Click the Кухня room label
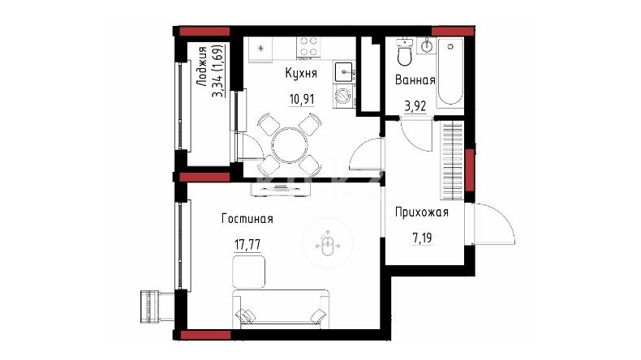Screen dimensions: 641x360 point(301,74)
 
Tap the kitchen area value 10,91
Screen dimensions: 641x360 point(302,99)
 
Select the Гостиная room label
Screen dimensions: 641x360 point(247,219)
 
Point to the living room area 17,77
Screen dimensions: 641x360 point(247,245)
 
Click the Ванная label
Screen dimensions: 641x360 point(415,80)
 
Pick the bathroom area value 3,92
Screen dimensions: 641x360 point(415,106)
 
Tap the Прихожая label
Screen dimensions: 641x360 point(421,212)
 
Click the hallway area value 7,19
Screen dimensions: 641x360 point(422,238)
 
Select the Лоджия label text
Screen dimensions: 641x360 point(201,66)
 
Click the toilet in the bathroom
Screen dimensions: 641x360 point(404,53)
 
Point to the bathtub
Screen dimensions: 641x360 point(450,73)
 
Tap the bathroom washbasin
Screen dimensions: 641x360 point(426,45)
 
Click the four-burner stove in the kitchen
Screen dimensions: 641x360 point(308,46)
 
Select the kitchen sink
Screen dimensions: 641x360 point(344,72)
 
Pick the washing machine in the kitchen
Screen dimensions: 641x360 point(343,96)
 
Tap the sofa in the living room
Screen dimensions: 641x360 point(281,310)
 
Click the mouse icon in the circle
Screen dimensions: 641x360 point(327,245)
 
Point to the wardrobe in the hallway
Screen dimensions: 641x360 point(452,161)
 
